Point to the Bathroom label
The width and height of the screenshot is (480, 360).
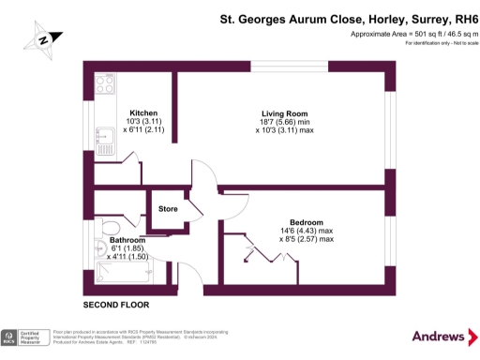click(127, 240)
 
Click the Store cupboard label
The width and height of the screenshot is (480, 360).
click(169, 208)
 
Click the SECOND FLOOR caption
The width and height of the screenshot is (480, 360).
click(115, 306)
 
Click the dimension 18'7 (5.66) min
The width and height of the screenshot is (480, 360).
click(282, 123)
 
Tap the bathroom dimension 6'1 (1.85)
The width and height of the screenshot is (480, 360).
click(127, 248)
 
